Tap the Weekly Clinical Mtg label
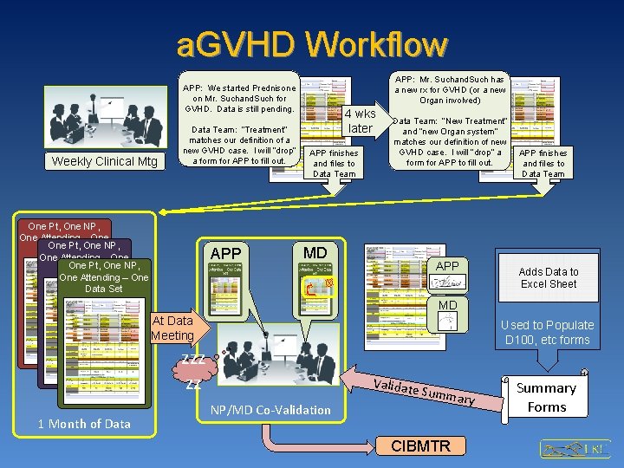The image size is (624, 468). pyautogui.click(x=105, y=161)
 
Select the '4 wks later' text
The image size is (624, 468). pyautogui.click(x=361, y=121)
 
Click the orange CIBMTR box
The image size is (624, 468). pyautogui.click(x=421, y=445)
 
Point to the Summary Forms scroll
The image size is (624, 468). pyautogui.click(x=547, y=397)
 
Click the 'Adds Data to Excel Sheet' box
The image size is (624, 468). pyautogui.click(x=549, y=277)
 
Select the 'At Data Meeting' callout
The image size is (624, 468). pyautogui.click(x=172, y=328)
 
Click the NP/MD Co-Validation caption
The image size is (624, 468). pyautogui.click(x=270, y=409)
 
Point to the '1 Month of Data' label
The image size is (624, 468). pyautogui.click(x=84, y=423)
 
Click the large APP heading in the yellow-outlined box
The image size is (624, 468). pyautogui.click(x=226, y=253)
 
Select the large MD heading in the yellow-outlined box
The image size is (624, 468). pyautogui.click(x=315, y=252)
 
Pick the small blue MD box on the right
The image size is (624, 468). pyautogui.click(x=447, y=314)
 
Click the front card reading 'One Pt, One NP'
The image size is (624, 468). pyautogui.click(x=104, y=277)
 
